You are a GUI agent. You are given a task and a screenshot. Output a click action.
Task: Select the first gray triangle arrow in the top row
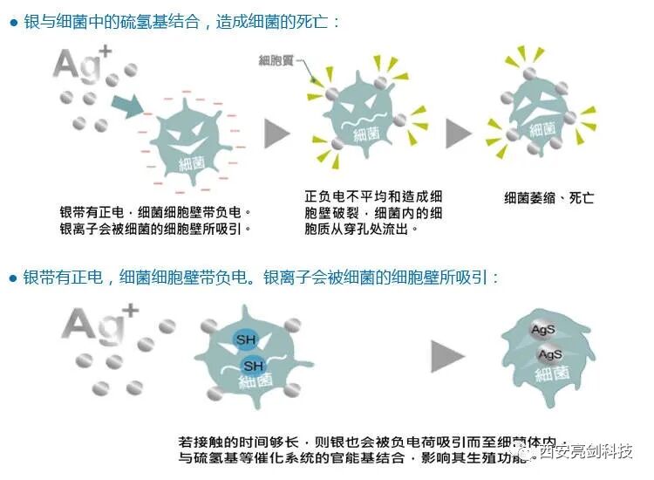(277, 133)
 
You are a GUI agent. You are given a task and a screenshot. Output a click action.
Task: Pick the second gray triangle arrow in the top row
(459, 133)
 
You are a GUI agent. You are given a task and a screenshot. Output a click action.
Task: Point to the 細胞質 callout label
(276, 60)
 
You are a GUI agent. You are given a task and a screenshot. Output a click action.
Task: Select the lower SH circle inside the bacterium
(252, 366)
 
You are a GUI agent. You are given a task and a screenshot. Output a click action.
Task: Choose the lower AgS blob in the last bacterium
(550, 355)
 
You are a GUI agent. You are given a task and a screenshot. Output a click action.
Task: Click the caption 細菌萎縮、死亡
(549, 198)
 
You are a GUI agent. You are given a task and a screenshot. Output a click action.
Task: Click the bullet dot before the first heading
(13, 22)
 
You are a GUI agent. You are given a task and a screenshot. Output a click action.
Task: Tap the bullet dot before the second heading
(13, 278)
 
